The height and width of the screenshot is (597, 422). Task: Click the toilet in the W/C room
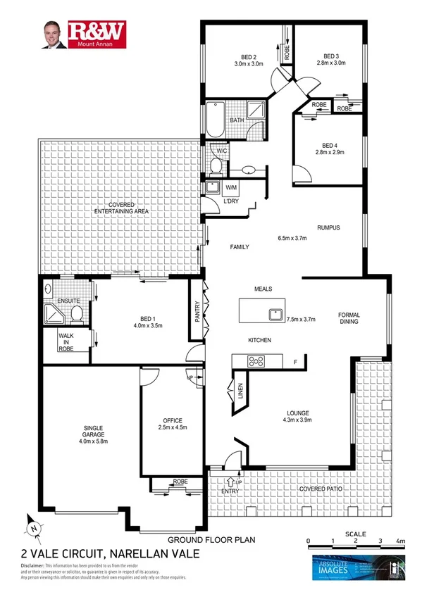216,165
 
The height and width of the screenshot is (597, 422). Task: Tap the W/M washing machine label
230,187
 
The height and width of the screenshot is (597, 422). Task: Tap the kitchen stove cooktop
255,362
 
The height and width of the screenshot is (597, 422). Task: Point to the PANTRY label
198,312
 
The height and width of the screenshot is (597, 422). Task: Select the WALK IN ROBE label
66,342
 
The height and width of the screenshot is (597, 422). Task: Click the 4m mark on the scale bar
401,541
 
